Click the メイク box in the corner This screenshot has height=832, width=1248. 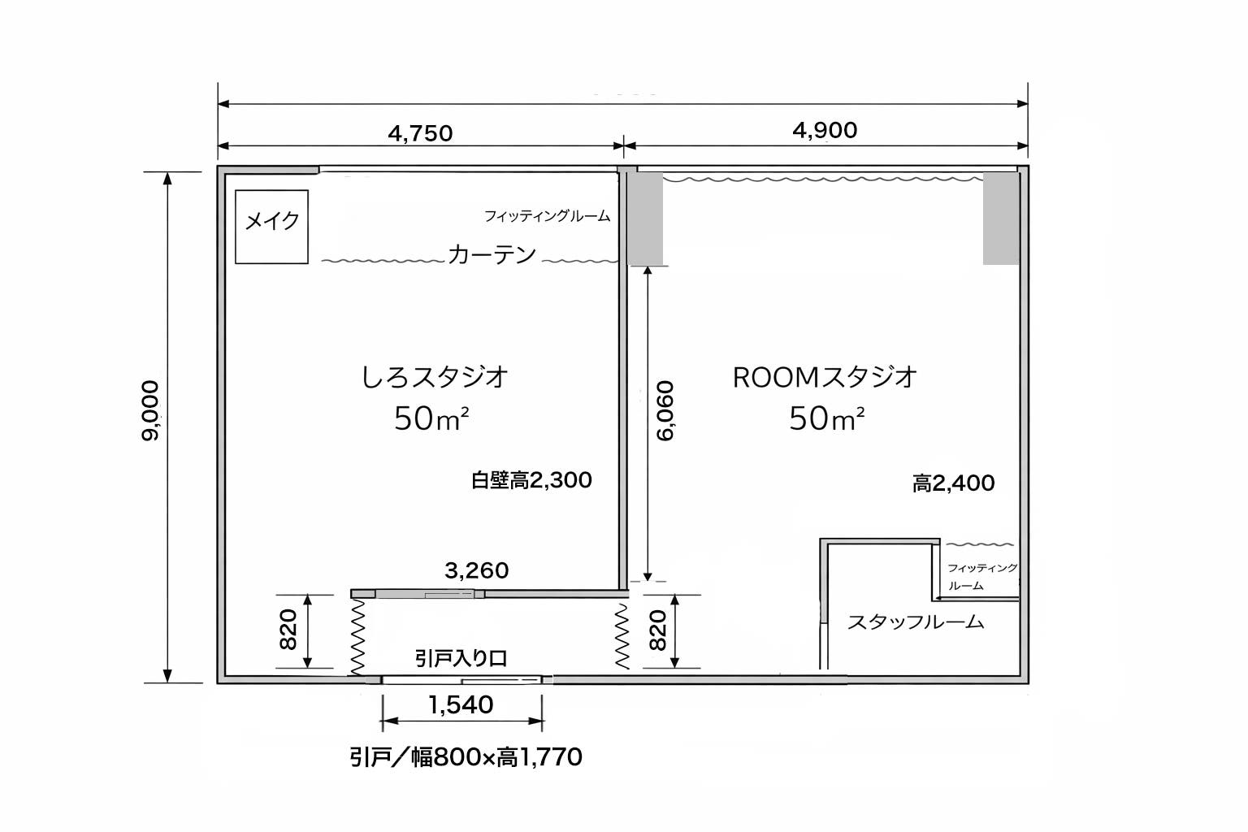(271, 227)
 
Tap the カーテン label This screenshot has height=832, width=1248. (492, 255)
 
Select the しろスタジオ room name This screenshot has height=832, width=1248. (435, 377)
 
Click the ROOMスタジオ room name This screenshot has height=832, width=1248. (825, 377)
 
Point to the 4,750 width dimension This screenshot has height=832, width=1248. (420, 132)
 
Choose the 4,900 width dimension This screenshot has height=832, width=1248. (824, 130)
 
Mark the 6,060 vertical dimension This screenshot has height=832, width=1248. (665, 410)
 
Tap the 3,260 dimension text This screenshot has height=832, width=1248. (476, 570)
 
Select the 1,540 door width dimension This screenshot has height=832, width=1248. (461, 705)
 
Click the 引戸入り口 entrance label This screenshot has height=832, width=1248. (461, 658)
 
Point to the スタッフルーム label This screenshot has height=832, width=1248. (916, 622)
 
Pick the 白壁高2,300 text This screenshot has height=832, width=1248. (531, 480)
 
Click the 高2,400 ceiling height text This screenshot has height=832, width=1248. (953, 483)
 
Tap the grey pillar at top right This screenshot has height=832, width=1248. (1000, 218)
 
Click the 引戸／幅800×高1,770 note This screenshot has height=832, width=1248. (466, 758)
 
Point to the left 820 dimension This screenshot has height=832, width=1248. (288, 630)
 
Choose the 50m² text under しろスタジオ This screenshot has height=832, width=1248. (431, 419)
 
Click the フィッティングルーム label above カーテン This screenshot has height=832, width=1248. (547, 216)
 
